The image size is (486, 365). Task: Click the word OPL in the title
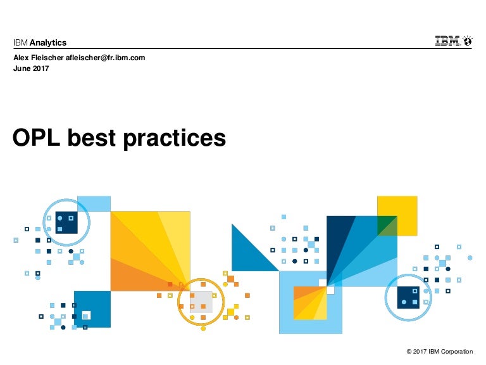click(x=36, y=138)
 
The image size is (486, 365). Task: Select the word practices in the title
click(x=175, y=139)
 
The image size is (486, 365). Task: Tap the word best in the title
click(x=92, y=138)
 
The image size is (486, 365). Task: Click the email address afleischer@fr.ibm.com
click(x=106, y=58)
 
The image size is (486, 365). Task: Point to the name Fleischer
click(x=47, y=58)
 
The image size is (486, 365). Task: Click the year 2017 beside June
click(x=41, y=68)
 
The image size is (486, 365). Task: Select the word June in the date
click(x=22, y=68)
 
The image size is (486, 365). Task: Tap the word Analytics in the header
click(x=48, y=42)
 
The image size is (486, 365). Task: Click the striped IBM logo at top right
click(x=447, y=41)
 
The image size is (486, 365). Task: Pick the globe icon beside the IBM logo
click(x=468, y=41)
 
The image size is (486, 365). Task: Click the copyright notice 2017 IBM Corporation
click(x=440, y=351)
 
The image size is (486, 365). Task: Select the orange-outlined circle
click(x=179, y=302)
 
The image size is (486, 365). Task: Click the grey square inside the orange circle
click(x=201, y=302)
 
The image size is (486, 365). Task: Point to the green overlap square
click(x=387, y=226)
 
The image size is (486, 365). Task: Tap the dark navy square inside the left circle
click(x=66, y=222)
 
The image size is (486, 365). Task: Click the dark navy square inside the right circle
click(x=408, y=298)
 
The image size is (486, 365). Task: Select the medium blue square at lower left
click(x=92, y=309)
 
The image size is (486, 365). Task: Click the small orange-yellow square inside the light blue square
click(x=310, y=303)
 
